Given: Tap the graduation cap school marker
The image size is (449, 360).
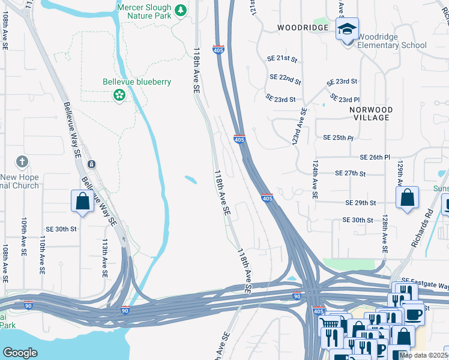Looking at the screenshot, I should [346, 29].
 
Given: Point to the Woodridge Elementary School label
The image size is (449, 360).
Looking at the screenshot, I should [392, 41].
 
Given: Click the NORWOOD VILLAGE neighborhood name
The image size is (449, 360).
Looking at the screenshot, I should [372, 113].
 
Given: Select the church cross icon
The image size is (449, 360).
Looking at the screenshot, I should [22, 161].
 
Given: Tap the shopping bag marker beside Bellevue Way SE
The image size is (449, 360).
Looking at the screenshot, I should [83, 202].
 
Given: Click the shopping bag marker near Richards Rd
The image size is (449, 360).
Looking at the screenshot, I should [407, 197].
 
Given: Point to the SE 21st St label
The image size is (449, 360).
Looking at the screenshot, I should [282, 58].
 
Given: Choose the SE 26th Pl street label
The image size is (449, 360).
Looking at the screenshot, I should [375, 157].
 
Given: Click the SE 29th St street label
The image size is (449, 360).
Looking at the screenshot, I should [361, 203].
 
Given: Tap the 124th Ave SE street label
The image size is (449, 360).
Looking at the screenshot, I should [315, 178].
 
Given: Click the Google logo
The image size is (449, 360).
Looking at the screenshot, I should [20, 352].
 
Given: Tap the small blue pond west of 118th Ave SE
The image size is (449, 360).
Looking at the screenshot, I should [190, 179].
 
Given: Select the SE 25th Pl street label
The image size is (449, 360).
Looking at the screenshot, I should [338, 137].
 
